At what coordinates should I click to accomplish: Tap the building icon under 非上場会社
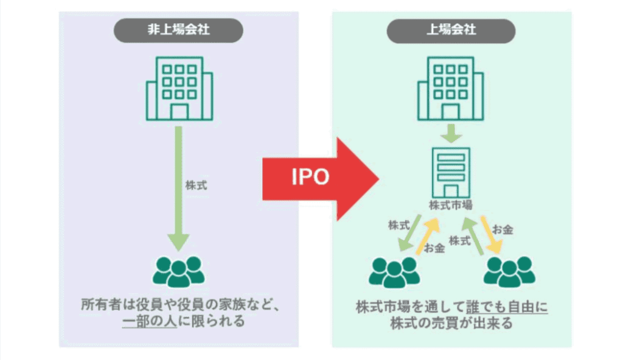(178, 88)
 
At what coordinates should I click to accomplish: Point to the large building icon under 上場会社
(451, 88)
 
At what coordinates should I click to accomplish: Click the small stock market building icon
(451, 171)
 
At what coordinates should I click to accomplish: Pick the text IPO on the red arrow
(309, 177)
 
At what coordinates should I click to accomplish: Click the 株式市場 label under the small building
(451, 205)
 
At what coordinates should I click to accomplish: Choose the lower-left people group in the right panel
(395, 272)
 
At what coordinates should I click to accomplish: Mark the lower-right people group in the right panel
(509, 272)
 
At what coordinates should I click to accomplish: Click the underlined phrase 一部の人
(150, 320)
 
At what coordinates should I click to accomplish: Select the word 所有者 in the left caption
(100, 303)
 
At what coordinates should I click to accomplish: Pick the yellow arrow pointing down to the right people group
(490, 235)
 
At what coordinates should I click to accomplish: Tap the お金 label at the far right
(503, 229)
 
